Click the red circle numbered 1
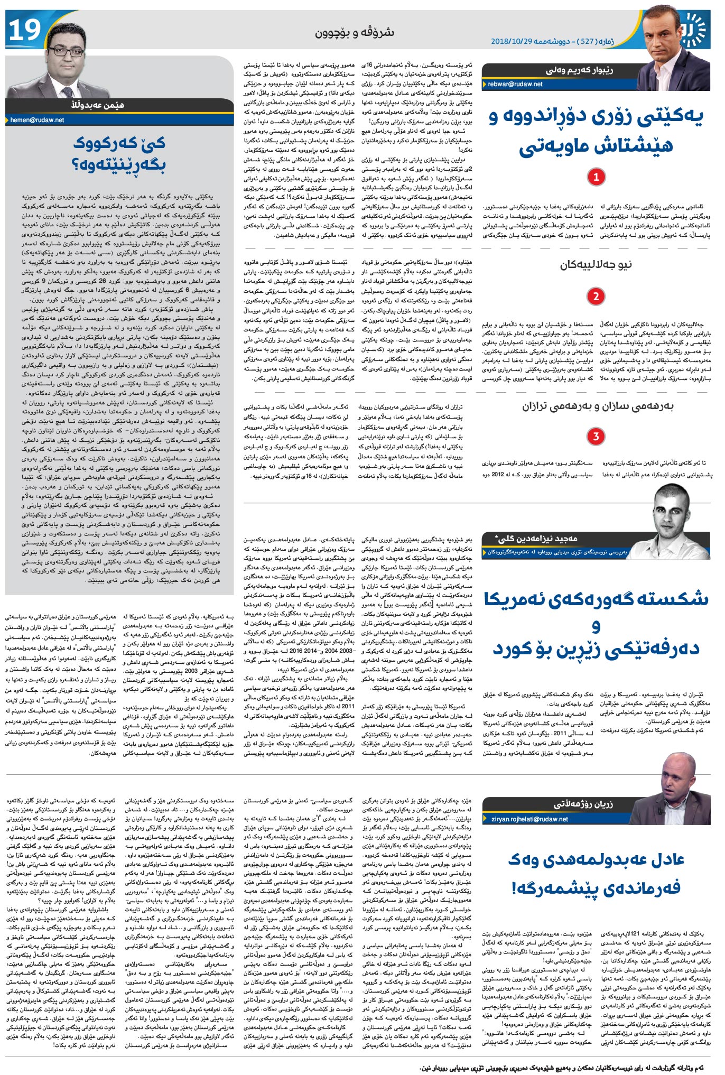click(x=596, y=177)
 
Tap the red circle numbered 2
click(x=596, y=296)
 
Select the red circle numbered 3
click(x=596, y=436)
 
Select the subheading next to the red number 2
click(x=596, y=264)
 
